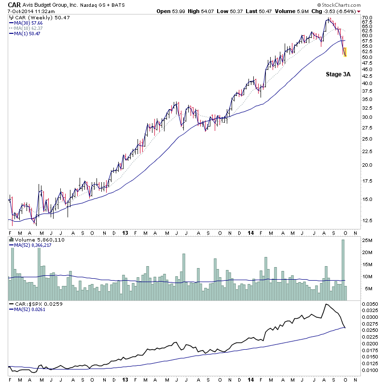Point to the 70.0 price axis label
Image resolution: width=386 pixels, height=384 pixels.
368,18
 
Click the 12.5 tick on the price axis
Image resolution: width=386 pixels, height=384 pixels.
368,220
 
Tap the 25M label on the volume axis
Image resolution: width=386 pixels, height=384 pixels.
367,241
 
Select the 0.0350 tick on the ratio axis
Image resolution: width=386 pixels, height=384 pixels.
370,305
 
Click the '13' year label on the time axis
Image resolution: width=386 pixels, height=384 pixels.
124,232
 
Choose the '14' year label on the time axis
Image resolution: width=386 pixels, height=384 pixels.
251,232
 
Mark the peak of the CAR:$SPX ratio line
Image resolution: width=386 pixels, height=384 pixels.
327,304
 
